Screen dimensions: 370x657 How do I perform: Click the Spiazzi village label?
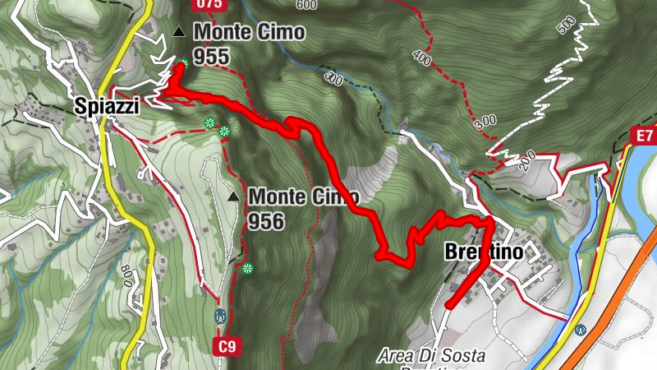[x=106, y=106]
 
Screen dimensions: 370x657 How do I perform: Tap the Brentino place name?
[x=483, y=252]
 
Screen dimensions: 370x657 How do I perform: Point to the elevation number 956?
[x=266, y=221]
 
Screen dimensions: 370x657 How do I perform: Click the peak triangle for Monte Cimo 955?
[x=179, y=33]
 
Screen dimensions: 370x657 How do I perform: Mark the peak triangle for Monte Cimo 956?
[x=234, y=197]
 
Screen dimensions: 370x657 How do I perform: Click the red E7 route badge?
[x=642, y=135]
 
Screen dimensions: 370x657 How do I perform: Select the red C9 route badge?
[x=227, y=348]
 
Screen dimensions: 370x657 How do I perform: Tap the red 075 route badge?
[x=209, y=4]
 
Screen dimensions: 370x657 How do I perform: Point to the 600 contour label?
[x=306, y=5]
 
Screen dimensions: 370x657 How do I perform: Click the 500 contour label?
[x=567, y=24]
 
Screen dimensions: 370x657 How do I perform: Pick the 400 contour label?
[x=421, y=58]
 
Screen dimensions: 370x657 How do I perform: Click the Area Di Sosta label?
[x=432, y=356]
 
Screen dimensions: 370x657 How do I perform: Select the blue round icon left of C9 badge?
[x=219, y=315]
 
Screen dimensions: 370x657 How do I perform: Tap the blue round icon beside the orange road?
[x=581, y=331]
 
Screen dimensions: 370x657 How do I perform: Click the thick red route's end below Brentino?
[x=449, y=306]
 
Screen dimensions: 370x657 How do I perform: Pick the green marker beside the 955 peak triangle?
[x=185, y=64]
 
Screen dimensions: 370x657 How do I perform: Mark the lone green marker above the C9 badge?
[x=248, y=268]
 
